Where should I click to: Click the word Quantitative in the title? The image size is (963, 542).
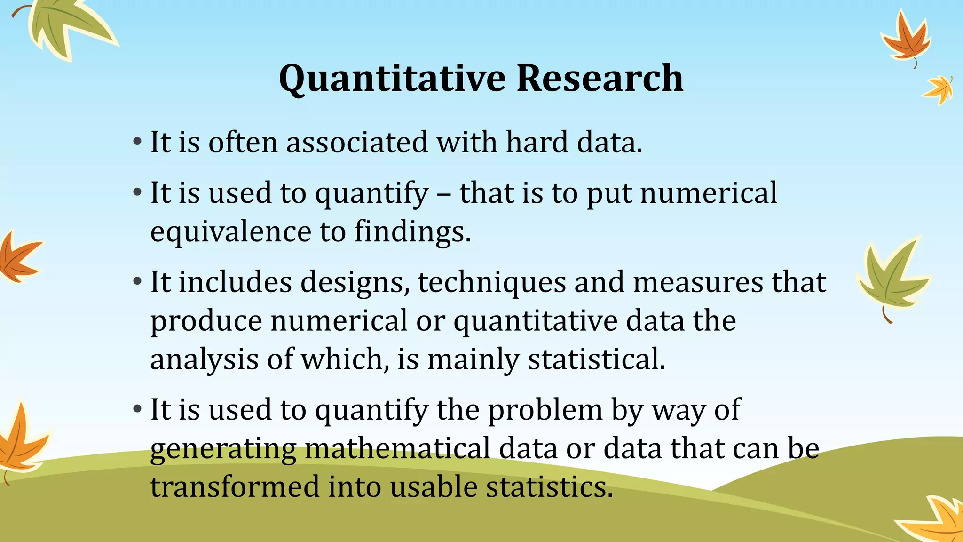[392, 79]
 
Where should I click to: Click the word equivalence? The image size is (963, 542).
[230, 232]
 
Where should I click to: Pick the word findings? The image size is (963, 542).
[412, 232]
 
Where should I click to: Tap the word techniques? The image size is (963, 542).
[491, 283]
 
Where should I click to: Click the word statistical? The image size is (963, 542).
[596, 359]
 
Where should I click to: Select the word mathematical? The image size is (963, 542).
[397, 448]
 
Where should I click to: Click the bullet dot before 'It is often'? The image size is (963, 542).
[137, 142]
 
